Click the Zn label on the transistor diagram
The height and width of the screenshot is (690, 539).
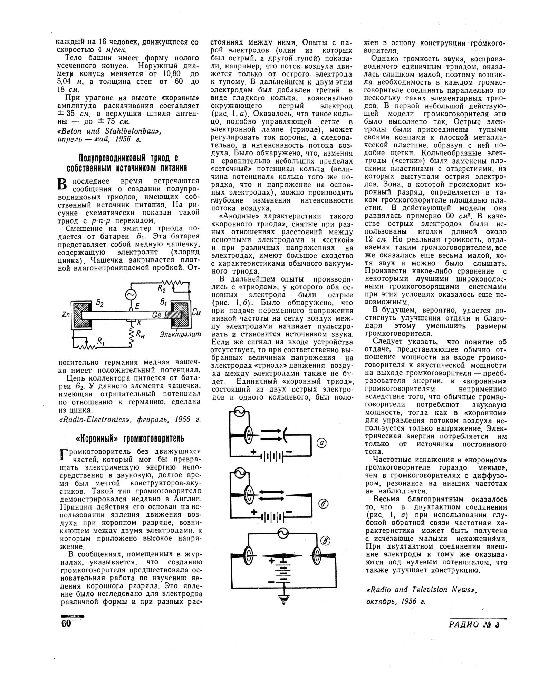65,315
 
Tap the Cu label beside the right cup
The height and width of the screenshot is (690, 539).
196,313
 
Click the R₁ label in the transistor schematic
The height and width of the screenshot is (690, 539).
101,342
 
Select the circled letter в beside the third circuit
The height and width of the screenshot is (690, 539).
325,542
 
